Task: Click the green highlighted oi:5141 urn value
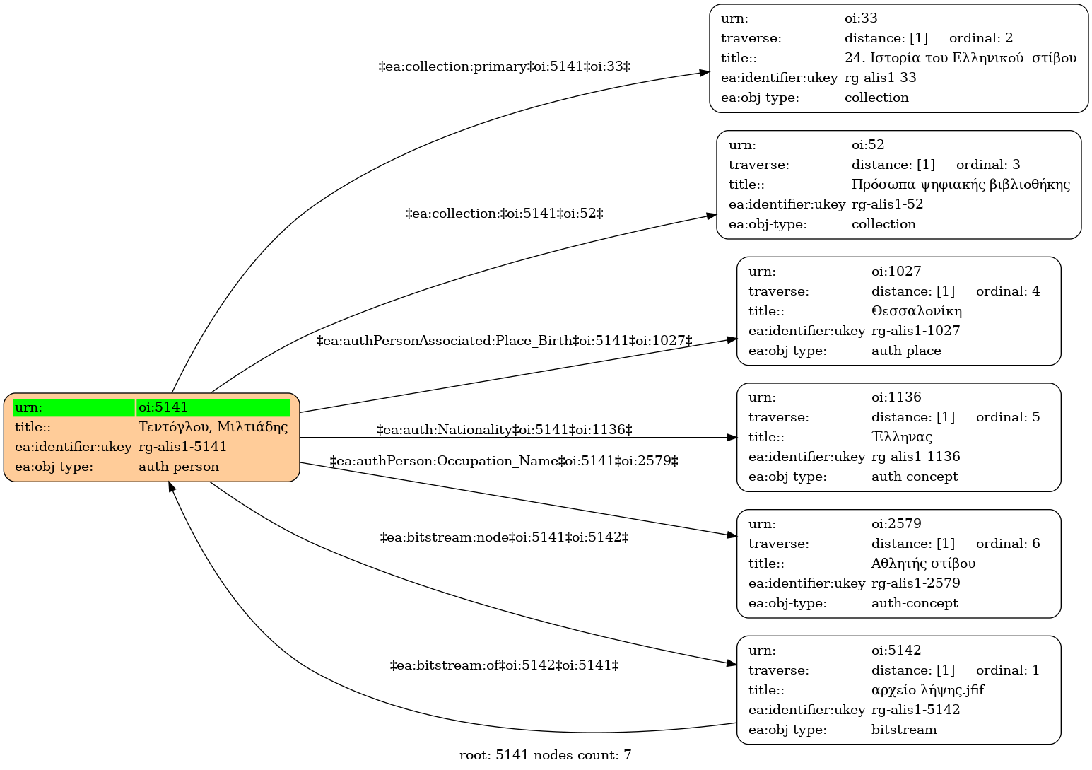213,408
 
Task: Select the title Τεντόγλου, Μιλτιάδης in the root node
213,427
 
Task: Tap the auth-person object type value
178,467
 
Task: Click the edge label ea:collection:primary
505,66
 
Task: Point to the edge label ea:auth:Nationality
505,430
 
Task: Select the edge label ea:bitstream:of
505,665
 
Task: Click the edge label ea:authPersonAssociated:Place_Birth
505,340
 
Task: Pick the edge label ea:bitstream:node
505,537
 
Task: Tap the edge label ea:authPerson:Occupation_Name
505,461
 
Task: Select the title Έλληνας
902,436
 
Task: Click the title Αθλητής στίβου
923,564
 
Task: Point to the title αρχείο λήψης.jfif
928,690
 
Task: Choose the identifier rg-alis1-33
881,78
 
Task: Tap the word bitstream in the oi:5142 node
904,730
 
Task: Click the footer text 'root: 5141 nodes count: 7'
545,755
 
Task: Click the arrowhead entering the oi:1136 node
732,438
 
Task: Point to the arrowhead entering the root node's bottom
172,486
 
